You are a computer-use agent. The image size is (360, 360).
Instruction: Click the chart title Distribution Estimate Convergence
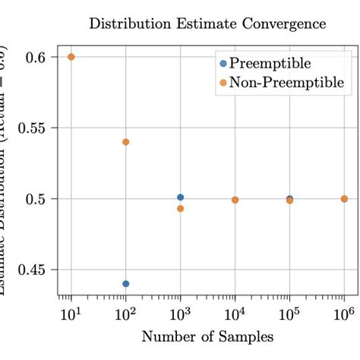click(207, 24)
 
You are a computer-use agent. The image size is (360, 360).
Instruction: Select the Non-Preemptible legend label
click(287, 82)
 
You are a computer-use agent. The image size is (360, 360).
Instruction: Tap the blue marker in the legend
click(223, 64)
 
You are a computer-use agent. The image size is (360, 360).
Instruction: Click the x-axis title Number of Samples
click(207, 336)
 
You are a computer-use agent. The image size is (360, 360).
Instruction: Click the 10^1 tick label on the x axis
click(71, 312)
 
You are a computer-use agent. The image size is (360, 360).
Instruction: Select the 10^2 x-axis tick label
click(126, 312)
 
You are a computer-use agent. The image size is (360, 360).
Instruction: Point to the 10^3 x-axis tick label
click(181, 312)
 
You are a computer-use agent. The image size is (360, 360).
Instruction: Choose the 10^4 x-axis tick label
click(235, 312)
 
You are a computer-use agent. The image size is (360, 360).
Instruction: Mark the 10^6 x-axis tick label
click(344, 312)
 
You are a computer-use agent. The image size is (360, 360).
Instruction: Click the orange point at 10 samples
click(71, 57)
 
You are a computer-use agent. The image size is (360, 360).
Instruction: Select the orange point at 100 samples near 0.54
click(126, 142)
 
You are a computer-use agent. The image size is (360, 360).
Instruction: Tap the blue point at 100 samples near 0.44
click(126, 283)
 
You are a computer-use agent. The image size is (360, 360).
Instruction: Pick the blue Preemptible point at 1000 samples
click(181, 197)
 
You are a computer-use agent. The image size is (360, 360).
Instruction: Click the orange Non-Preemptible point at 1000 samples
click(181, 208)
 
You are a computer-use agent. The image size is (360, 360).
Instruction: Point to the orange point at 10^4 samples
click(235, 200)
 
